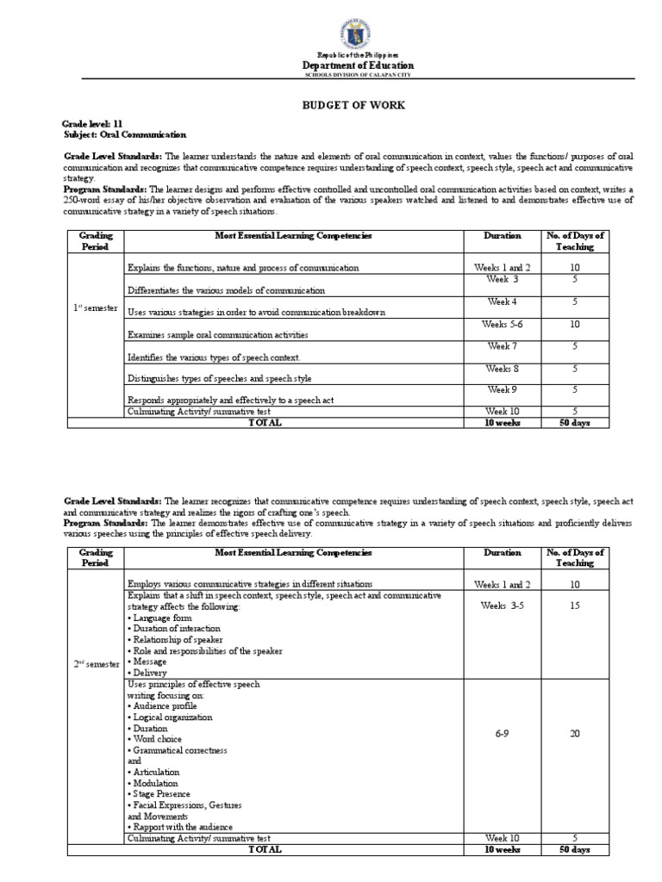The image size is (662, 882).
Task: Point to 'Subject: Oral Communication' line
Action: (125, 135)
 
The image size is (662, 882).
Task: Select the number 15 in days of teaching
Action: (575, 606)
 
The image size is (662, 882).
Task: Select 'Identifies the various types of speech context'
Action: (215, 357)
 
